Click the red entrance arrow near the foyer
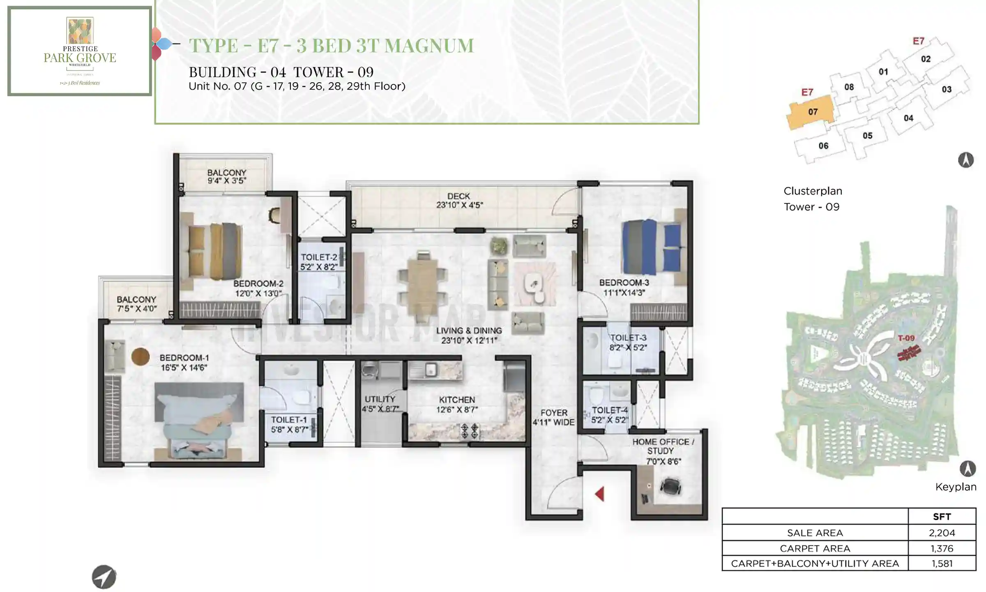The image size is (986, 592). (600, 494)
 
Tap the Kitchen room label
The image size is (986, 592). (456, 400)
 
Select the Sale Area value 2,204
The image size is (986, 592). (942, 533)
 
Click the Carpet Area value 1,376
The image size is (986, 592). (942, 548)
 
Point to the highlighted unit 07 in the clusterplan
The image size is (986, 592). (812, 112)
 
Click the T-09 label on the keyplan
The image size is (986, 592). (906, 338)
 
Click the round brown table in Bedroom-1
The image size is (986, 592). (140, 356)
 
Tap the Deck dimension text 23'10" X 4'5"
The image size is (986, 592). (459, 205)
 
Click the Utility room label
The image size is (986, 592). (380, 399)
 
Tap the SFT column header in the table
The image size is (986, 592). (942, 517)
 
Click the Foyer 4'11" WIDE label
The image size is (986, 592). (553, 417)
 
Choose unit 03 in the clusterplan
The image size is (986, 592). (947, 89)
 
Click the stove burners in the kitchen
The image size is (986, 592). (470, 430)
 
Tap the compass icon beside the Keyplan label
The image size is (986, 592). (967, 469)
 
